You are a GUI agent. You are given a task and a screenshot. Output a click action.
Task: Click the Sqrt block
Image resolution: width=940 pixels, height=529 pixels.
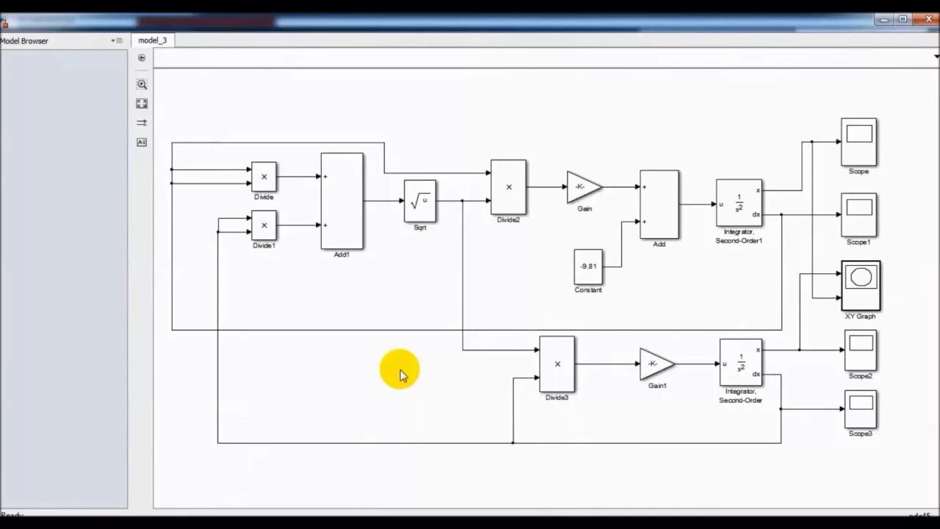click(x=419, y=201)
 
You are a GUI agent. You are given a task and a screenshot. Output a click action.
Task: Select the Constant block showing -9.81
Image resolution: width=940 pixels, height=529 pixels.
click(x=588, y=267)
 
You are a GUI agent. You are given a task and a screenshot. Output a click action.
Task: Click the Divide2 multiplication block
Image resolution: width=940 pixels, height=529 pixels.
click(x=508, y=187)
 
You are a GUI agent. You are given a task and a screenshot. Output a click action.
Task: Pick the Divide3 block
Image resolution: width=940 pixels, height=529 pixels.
click(x=557, y=364)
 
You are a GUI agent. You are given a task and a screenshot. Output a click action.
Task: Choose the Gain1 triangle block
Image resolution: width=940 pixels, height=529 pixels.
click(x=656, y=364)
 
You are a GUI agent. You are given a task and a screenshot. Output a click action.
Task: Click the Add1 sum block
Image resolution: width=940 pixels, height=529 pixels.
click(x=341, y=201)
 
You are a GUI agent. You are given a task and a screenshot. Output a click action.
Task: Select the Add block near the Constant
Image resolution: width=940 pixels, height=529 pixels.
click(x=659, y=204)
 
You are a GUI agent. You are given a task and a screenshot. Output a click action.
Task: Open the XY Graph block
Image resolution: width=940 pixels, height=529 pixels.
click(x=861, y=286)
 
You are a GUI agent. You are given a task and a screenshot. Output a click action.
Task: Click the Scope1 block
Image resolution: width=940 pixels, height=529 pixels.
click(x=858, y=215)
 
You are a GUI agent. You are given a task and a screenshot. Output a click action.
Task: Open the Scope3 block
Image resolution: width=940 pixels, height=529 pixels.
click(x=860, y=409)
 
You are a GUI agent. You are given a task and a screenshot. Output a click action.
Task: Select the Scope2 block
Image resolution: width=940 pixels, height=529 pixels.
click(x=860, y=350)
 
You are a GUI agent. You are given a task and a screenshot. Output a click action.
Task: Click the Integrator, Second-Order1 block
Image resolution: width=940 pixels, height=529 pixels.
click(x=739, y=203)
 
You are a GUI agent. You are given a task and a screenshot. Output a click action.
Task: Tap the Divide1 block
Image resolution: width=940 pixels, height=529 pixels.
click(x=264, y=225)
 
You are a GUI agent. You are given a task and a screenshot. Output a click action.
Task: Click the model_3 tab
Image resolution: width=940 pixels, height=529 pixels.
click(x=153, y=40)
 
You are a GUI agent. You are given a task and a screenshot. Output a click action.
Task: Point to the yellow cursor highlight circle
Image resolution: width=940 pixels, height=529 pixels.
click(x=399, y=370)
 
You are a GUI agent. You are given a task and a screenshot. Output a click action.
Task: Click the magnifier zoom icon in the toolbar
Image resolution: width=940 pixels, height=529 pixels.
click(x=142, y=84)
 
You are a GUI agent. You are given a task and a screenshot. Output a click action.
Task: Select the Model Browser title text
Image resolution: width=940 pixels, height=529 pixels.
click(x=24, y=41)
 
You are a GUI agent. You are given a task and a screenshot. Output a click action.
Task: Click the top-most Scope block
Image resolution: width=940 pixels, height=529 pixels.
click(x=858, y=141)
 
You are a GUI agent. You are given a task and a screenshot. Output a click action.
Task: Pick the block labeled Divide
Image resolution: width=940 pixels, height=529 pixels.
click(x=264, y=177)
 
